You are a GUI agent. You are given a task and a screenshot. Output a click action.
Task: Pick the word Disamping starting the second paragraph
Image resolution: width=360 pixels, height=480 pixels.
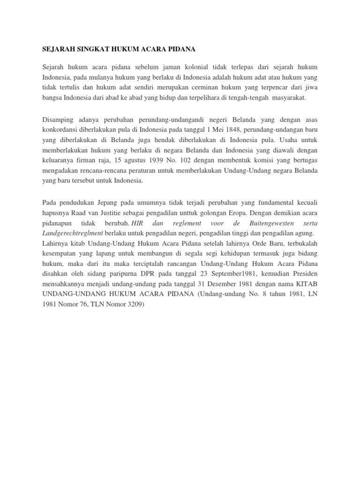(60, 119)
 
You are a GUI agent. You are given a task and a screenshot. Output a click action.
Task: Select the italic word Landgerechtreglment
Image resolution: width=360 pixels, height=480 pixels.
(73, 233)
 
